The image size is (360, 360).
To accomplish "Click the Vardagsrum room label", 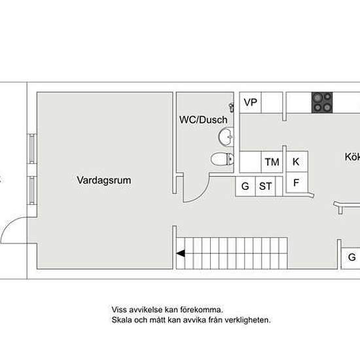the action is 104,180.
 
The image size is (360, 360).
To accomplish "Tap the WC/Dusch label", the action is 204,120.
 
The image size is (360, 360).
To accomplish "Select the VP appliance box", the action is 250,102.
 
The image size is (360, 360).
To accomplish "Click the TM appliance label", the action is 272,162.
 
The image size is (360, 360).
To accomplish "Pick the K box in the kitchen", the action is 297,162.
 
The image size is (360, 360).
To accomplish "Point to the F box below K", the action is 297,183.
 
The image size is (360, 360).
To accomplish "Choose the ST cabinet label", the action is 265,186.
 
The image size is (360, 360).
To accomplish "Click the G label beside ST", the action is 245,186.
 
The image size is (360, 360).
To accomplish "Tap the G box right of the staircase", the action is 351,258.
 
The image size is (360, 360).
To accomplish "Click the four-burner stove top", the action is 322,102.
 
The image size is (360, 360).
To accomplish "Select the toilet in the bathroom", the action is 223,159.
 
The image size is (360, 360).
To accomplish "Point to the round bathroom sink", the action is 226,137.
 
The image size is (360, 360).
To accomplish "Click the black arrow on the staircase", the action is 181,253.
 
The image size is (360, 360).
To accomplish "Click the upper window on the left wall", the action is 32,149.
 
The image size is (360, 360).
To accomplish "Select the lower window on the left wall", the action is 32,190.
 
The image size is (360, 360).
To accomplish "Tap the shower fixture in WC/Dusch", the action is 232,107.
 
